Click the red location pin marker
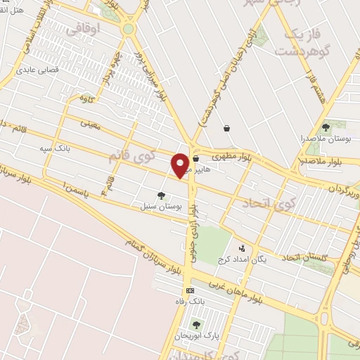click(180, 165)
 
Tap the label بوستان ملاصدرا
click(326, 139)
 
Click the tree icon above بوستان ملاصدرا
click(326, 127)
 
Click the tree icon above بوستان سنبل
click(161, 196)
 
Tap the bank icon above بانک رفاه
click(189, 290)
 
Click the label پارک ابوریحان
click(196, 337)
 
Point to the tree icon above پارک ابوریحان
click(196, 325)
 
